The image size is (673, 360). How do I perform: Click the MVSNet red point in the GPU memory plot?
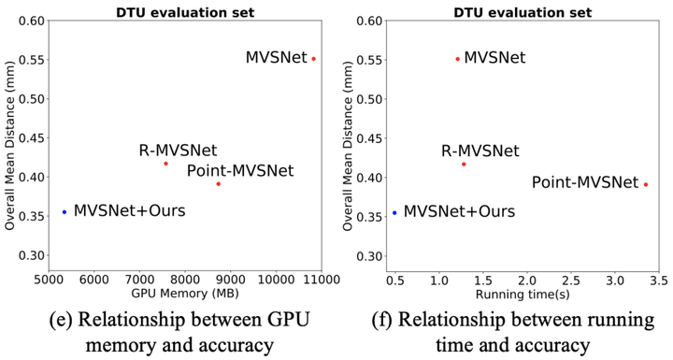click(x=313, y=58)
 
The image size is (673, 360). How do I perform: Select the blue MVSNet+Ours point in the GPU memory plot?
click(x=64, y=212)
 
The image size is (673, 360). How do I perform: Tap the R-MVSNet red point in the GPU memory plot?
click(x=165, y=164)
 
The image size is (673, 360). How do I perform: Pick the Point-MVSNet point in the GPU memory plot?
click(x=218, y=183)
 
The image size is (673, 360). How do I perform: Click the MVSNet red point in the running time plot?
click(x=457, y=58)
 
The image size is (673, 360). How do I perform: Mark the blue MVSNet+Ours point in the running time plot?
click(x=394, y=212)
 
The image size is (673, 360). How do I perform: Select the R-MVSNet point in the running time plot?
click(x=464, y=164)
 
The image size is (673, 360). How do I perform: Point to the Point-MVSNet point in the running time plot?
click(x=646, y=184)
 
